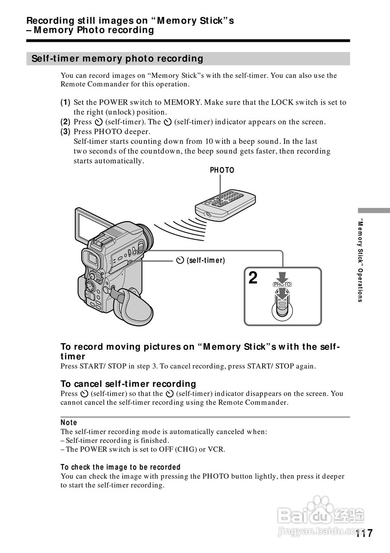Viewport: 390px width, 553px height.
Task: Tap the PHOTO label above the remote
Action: pos(222,170)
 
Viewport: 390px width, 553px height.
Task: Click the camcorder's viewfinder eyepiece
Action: pos(92,259)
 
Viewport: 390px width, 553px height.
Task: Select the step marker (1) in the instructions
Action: pos(65,102)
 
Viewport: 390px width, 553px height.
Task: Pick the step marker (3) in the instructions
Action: pos(65,131)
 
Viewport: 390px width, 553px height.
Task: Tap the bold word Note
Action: pos(69,423)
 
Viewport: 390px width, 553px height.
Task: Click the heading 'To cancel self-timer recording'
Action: pos(128,384)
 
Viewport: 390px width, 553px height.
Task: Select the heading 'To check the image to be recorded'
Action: pos(120,467)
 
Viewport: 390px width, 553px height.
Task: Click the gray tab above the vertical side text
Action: pos(373,210)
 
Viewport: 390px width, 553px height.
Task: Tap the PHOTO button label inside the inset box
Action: pos(282,284)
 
